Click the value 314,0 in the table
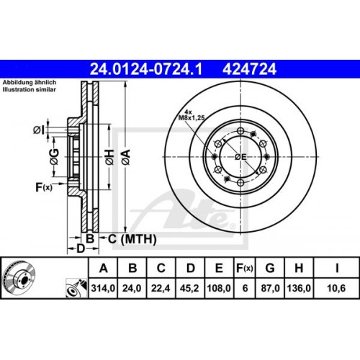tap(105, 290)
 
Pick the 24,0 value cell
tap(133, 290)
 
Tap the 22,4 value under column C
tap(161, 290)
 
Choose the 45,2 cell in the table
tap(190, 290)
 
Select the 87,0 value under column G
tap(271, 290)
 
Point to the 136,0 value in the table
tap(300, 290)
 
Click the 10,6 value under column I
tap(333, 290)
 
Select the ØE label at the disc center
tap(241, 156)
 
